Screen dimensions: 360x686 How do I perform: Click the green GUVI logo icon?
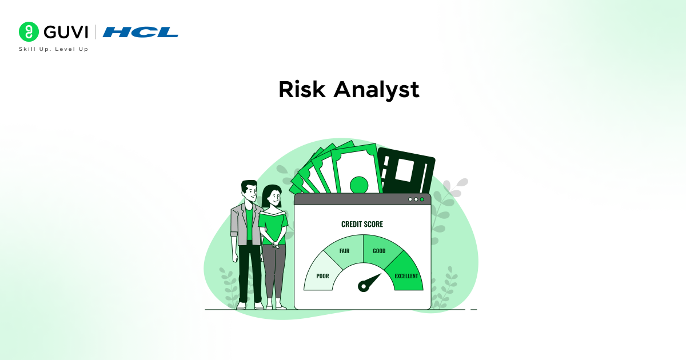(28, 32)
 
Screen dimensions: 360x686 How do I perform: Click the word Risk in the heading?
(301, 90)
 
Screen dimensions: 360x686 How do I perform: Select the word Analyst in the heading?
(376, 90)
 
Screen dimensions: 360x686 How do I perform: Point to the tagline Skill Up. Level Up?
(54, 49)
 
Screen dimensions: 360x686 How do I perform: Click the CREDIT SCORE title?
(362, 224)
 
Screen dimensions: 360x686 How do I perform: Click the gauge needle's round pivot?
(363, 286)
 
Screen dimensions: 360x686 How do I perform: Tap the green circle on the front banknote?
(359, 185)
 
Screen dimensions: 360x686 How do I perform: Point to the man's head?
(249, 191)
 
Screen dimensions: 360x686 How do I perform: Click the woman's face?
(273, 198)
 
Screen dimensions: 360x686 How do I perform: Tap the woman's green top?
(273, 226)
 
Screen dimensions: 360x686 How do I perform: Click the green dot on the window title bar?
(422, 199)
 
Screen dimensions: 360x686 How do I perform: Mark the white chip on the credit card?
(405, 170)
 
